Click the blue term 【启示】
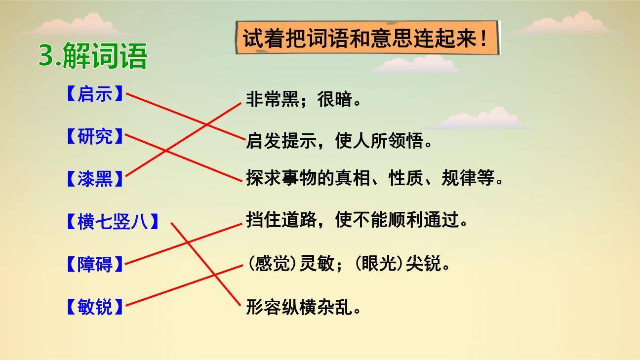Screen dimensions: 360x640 pyautogui.click(x=94, y=94)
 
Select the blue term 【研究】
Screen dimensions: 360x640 pyautogui.click(x=94, y=136)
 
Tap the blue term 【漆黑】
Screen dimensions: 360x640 pyautogui.click(x=94, y=179)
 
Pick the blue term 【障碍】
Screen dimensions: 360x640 pyautogui.click(x=94, y=265)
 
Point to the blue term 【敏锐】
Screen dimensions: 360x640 pyautogui.click(x=94, y=307)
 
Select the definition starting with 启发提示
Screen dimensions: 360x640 pyautogui.click(x=339, y=142)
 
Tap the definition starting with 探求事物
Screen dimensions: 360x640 pyautogui.click(x=375, y=178)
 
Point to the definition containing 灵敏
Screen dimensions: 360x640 pyautogui.click(x=349, y=264)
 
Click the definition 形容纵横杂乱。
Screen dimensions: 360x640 pyautogui.click(x=304, y=308)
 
